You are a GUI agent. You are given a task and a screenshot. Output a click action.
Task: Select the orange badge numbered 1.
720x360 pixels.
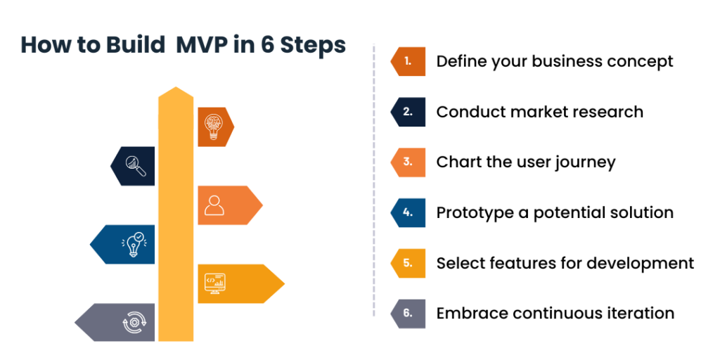[408, 61]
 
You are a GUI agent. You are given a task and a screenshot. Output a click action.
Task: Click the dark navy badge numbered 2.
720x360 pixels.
[408, 112]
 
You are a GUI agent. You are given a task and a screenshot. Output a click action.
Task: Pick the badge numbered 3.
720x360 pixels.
[408, 162]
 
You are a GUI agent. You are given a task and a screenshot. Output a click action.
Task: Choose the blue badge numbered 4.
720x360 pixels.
[408, 212]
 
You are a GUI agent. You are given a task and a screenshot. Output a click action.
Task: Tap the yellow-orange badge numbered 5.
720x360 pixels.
[408, 263]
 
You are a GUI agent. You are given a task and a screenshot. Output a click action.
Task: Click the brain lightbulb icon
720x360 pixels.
[213, 127]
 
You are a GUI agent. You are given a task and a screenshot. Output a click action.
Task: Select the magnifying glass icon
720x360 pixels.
[136, 166]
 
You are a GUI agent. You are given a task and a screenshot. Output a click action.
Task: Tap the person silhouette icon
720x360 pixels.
[214, 205]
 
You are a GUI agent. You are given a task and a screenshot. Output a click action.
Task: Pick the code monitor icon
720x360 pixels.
[214, 283]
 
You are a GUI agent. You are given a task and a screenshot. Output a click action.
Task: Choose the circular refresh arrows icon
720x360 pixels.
[134, 323]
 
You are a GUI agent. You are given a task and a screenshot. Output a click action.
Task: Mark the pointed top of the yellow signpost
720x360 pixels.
[176, 89]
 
